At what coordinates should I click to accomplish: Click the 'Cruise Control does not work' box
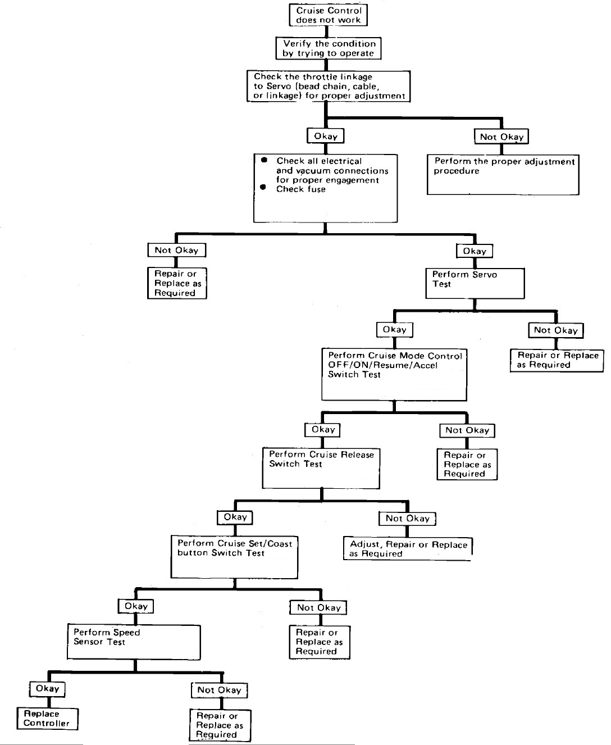click(329, 15)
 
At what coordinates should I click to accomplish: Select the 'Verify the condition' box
click(329, 48)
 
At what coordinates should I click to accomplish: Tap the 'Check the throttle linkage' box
click(328, 86)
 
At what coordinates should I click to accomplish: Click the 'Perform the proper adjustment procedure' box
click(503, 175)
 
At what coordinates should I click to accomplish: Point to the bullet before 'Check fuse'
click(262, 188)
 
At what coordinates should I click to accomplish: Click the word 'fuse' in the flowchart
click(317, 189)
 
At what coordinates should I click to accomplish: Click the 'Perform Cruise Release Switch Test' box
click(321, 468)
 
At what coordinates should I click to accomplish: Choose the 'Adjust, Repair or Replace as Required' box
click(408, 549)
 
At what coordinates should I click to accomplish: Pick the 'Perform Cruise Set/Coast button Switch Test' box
click(234, 557)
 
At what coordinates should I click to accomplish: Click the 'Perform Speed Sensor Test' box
click(134, 642)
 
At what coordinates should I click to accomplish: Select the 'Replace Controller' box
click(47, 719)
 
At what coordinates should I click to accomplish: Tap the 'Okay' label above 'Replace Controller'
click(47, 689)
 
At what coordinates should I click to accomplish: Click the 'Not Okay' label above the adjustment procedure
click(501, 137)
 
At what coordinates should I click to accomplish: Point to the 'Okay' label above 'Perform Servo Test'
click(475, 251)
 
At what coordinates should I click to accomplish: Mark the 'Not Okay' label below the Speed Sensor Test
click(219, 690)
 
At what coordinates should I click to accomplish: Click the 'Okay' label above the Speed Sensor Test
click(136, 606)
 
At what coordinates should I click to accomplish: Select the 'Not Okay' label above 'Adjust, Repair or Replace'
click(408, 519)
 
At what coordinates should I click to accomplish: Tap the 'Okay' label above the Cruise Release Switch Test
click(323, 430)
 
